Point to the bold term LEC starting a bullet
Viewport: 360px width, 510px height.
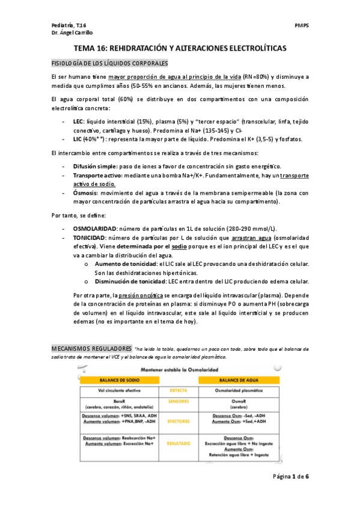78,121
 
